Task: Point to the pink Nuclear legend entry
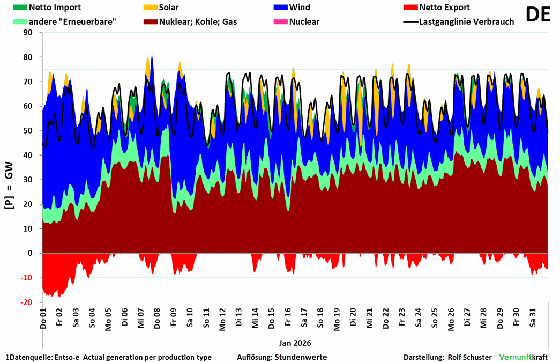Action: click(x=303, y=22)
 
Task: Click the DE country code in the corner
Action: click(x=537, y=14)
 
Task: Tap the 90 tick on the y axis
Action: click(x=28, y=33)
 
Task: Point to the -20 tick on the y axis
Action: click(x=26, y=302)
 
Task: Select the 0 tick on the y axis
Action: click(x=30, y=253)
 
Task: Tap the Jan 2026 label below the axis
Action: click(x=295, y=343)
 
